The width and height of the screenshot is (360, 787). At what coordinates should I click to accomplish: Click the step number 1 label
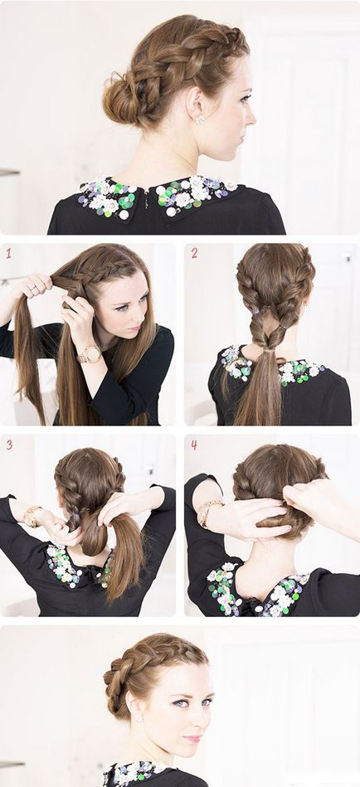pyautogui.click(x=8, y=254)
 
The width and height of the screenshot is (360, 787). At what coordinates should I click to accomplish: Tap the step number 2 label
pyautogui.click(x=194, y=254)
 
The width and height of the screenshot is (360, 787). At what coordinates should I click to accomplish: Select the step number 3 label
pyautogui.click(x=9, y=445)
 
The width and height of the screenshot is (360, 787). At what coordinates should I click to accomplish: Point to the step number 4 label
pyautogui.click(x=194, y=445)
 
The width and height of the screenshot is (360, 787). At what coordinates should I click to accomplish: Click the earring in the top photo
pyautogui.click(x=200, y=119)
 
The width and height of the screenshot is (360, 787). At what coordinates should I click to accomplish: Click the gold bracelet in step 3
pyautogui.click(x=32, y=517)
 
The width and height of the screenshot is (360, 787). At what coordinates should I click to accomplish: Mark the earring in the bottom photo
pyautogui.click(x=137, y=718)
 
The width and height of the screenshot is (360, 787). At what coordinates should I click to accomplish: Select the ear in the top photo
pyautogui.click(x=196, y=103)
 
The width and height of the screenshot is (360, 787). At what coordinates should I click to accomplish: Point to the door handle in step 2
pyautogui.click(x=348, y=257)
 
